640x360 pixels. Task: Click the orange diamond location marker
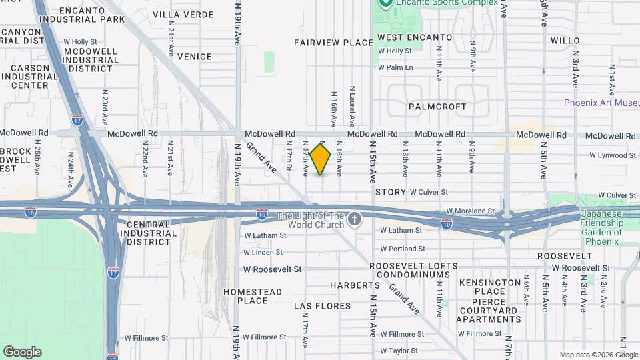321,159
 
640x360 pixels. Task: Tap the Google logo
22,352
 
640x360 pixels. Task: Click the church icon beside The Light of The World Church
355,219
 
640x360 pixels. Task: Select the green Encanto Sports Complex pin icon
385,3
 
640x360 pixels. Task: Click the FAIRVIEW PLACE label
333,43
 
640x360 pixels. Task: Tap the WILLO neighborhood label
565,41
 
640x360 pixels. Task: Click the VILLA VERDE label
183,14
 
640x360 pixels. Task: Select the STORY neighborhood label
391,192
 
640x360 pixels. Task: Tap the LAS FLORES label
323,306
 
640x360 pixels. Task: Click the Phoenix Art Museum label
602,103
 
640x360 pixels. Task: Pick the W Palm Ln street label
395,67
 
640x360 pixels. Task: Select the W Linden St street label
265,253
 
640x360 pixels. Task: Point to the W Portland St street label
402,249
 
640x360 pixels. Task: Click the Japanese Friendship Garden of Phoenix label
601,223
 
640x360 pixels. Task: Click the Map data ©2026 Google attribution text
599,355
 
